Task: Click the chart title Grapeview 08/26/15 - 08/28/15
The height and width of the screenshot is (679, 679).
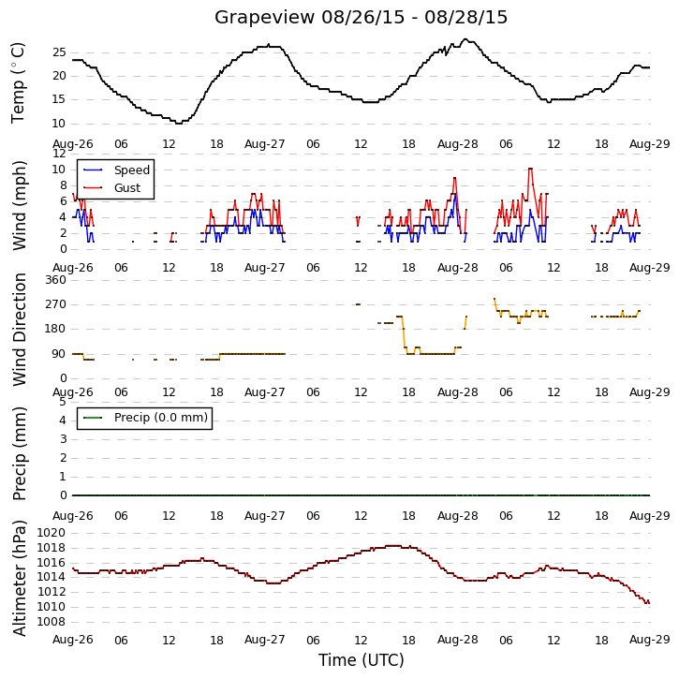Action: point(361,17)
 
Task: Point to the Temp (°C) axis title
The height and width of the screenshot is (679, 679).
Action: point(18,82)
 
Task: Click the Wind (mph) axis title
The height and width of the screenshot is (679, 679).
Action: point(19,205)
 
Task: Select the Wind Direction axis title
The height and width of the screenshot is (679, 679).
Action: point(19,330)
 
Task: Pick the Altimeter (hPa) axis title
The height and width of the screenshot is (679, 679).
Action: point(19,578)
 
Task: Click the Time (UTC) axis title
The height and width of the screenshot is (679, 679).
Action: point(362,660)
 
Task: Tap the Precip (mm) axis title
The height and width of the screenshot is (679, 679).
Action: point(19,454)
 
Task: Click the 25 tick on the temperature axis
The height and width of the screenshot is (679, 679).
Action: point(59,52)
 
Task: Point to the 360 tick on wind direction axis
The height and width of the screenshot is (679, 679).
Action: point(56,280)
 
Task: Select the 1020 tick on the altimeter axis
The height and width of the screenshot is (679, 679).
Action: point(52,533)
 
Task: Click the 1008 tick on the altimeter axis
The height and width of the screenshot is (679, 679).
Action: point(52,622)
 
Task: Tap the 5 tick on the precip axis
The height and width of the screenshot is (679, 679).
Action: point(63,402)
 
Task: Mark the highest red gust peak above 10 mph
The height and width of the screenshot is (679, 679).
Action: point(530,169)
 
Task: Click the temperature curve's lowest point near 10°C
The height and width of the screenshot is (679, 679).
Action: point(178,124)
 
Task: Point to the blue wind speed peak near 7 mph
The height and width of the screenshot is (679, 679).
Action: point(454,194)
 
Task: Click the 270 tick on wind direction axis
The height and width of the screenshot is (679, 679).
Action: point(56,304)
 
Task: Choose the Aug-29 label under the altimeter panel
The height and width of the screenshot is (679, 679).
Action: point(650,640)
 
